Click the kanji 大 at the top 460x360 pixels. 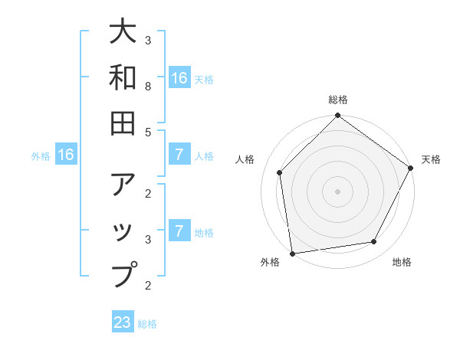coord(123,32)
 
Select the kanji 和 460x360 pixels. coord(123,77)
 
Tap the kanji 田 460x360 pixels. coord(123,122)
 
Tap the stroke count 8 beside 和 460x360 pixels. coord(149,87)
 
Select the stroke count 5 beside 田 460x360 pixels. coord(149,132)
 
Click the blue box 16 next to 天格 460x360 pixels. coord(179,78)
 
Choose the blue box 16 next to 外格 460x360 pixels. coord(66,155)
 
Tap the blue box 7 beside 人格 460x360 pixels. coord(179,155)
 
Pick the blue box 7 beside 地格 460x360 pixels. coord(179,231)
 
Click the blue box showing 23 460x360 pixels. coord(123,322)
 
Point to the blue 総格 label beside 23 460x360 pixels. coord(147,324)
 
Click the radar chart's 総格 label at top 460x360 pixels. coord(337,100)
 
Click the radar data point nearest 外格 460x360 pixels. coord(292,253)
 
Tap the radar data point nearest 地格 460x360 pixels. coord(374,242)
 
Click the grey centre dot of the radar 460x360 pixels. coord(337,191)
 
